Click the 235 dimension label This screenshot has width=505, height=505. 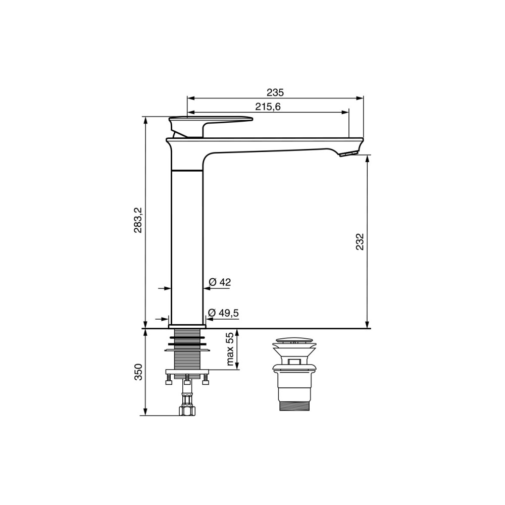[275, 92]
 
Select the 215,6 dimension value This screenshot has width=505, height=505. [268, 107]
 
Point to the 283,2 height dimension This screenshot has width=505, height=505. [138, 220]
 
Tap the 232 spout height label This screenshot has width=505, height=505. [360, 241]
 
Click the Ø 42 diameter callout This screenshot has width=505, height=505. [220, 282]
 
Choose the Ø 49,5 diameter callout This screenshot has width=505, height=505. [224, 313]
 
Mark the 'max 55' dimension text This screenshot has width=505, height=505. [230, 349]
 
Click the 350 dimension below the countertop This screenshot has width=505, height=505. [138, 372]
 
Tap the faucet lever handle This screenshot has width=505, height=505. [211, 126]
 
